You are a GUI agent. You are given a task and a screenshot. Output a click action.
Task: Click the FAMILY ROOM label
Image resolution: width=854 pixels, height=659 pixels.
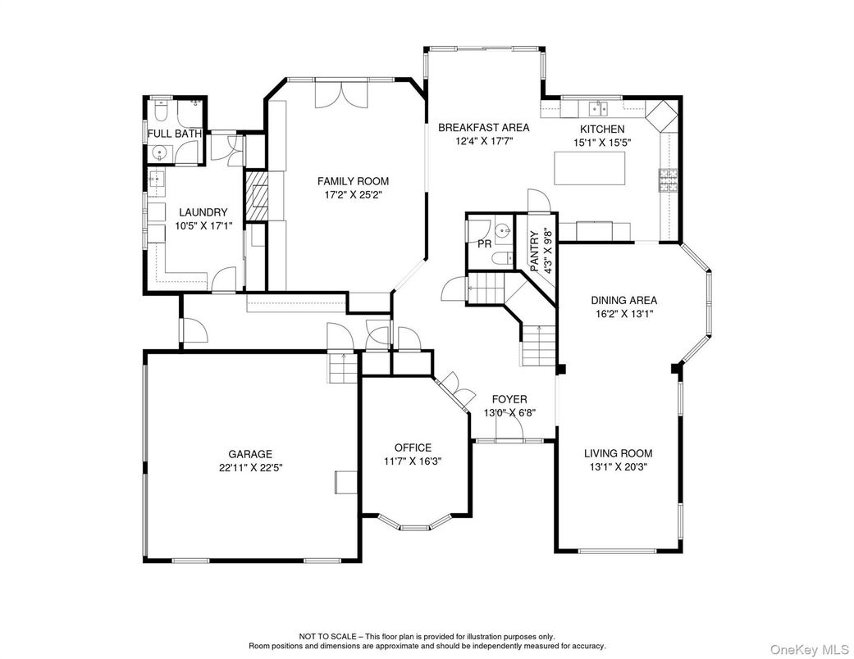click(x=353, y=181)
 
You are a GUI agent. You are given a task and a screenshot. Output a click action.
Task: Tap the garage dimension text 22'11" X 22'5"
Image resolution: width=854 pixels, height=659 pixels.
click(x=249, y=467)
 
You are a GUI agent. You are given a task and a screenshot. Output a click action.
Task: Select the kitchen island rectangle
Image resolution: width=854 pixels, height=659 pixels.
click(x=589, y=169)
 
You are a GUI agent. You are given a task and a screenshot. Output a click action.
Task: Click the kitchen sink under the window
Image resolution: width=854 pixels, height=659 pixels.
click(x=599, y=108)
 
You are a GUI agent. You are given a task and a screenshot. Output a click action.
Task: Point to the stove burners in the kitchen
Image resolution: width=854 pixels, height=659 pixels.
click(x=669, y=181)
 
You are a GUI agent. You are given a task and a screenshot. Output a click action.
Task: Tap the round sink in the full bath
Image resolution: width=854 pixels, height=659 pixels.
click(x=160, y=152)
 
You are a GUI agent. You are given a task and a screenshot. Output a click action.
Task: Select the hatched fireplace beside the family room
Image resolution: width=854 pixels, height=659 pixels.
click(x=256, y=196)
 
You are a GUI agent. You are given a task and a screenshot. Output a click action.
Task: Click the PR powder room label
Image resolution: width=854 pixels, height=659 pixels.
click(x=484, y=244)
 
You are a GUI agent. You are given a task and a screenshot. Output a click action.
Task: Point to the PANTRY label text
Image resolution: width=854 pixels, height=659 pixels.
click(x=534, y=252)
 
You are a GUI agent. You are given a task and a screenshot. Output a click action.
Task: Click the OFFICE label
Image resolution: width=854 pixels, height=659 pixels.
click(x=413, y=448)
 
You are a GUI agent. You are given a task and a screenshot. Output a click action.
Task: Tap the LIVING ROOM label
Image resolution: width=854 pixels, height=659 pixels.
click(x=619, y=453)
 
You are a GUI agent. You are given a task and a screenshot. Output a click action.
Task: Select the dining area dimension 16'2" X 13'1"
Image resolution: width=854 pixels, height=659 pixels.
click(x=624, y=313)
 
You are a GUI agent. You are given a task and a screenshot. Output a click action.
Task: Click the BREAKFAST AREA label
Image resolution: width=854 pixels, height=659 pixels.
click(x=484, y=128)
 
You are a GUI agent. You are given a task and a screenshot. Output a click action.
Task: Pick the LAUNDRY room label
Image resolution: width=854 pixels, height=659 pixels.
click(x=203, y=212)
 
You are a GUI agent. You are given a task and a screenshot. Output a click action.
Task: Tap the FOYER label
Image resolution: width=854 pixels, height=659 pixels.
click(x=509, y=399)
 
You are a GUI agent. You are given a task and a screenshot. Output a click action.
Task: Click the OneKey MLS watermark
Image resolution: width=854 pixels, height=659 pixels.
click(x=810, y=648)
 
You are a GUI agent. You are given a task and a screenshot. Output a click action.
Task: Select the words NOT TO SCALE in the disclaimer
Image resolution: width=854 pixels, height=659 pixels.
click(x=327, y=636)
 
